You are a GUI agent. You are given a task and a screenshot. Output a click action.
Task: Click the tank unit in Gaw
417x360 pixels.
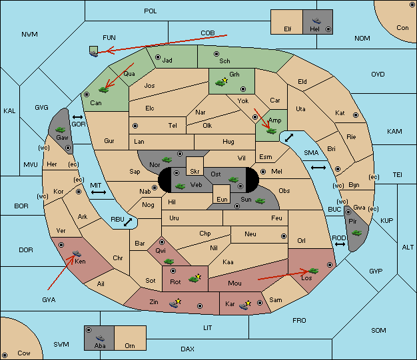pos(61,130)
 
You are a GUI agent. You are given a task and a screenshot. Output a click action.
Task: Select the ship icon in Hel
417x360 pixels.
pos(316,21)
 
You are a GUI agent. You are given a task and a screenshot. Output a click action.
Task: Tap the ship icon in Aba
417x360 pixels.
pos(100,338)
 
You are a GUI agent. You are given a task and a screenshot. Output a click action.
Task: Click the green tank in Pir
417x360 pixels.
pos(356,233)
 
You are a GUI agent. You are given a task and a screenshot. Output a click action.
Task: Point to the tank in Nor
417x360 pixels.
pos(167,160)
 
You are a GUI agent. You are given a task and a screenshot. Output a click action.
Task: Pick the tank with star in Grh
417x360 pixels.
pos(222,82)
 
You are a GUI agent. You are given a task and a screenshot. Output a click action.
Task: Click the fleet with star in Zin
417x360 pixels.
pos(175,303)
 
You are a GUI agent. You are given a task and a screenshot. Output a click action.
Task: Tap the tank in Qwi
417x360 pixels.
pos(169,262)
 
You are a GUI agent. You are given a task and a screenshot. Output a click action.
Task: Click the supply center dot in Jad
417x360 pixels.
pos(158,57)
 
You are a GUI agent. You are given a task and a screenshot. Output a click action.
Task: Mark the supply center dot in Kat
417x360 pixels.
pos(356,115)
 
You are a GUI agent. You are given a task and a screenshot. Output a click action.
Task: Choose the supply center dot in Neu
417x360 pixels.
pos(284,236)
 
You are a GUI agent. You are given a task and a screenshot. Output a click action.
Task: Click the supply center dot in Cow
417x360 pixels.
pos(5,355)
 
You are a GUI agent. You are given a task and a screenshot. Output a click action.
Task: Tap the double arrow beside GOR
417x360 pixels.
pos(78,117)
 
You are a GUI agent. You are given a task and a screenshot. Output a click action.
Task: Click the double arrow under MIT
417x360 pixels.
pos(99,192)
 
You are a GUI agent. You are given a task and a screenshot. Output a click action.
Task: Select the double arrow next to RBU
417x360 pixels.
pos(128,222)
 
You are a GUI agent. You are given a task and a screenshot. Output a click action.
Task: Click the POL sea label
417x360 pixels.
pos(151,11)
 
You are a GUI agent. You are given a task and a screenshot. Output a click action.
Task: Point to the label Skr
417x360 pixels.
pos(195,172)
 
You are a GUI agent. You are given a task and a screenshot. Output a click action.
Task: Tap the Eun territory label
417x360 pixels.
pos(222,199)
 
